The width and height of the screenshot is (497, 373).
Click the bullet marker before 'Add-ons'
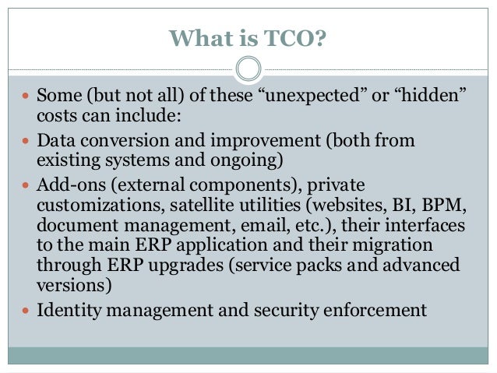pos(26,187)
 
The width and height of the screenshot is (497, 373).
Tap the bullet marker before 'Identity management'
pos(26,311)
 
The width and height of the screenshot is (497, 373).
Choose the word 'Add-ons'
pos(70,187)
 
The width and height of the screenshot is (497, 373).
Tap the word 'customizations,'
pos(93,206)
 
